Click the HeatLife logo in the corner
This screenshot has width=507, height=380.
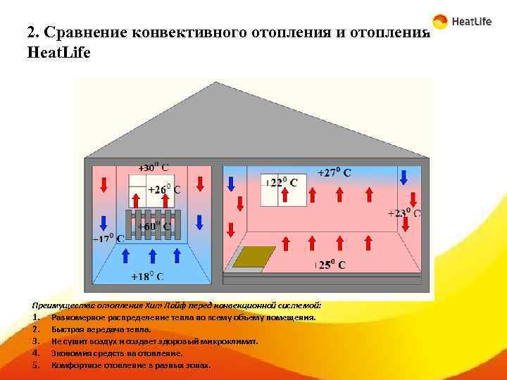pyautogui.click(x=462, y=22)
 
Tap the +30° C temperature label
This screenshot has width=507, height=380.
pyautogui.click(x=153, y=167)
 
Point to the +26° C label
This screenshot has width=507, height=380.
pyautogui.click(x=163, y=189)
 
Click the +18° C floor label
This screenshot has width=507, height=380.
pyautogui.click(x=148, y=277)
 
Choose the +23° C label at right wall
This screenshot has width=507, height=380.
pyautogui.click(x=404, y=213)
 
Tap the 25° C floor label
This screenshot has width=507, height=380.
pyautogui.click(x=330, y=265)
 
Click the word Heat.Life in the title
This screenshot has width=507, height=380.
pyautogui.click(x=58, y=53)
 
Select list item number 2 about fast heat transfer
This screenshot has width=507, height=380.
pyautogui.click(x=101, y=329)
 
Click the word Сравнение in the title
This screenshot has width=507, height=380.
pyautogui.click(x=84, y=32)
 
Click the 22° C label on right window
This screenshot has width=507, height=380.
pyautogui.click(x=282, y=182)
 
